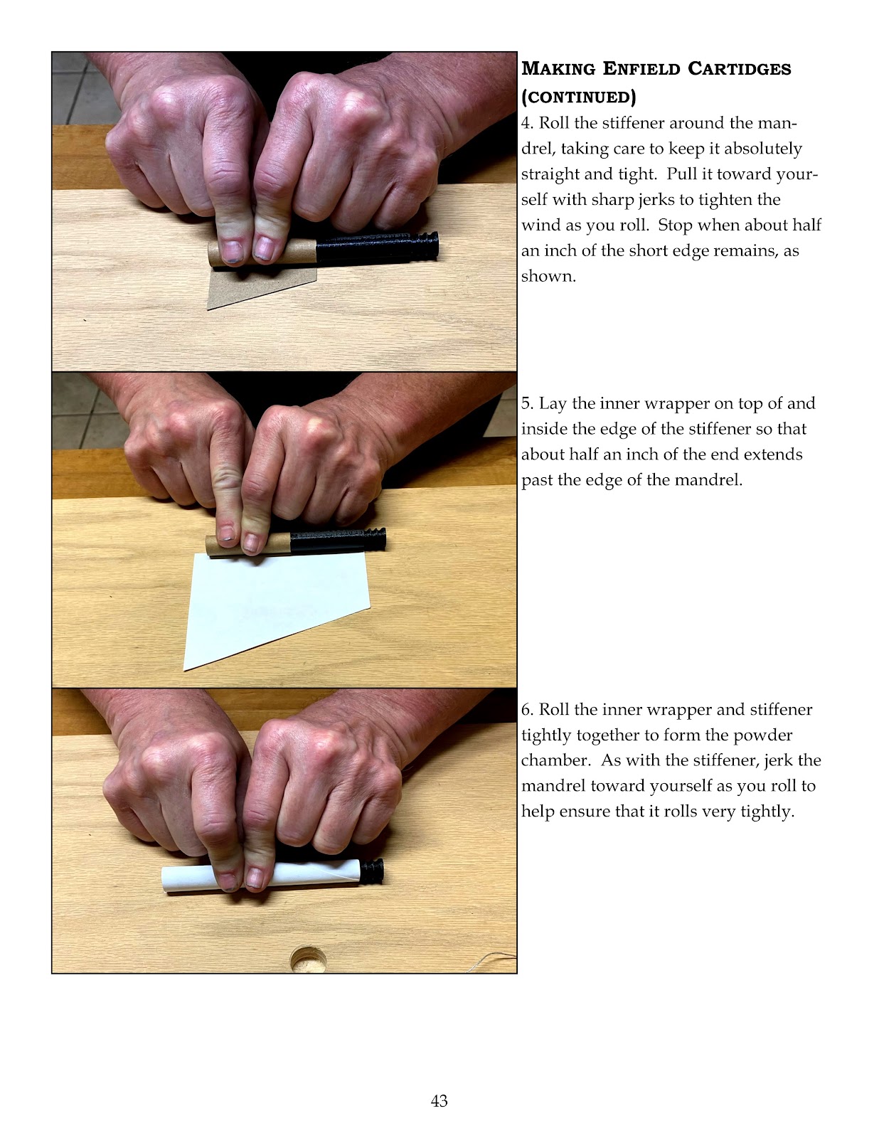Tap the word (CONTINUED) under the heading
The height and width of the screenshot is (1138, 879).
578,97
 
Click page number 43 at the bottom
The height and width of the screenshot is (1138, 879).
439,1101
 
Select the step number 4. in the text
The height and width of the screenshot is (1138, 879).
528,123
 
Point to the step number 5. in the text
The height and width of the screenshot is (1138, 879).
528,403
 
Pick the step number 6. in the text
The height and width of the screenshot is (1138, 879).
528,710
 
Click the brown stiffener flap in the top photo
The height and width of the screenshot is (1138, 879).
257,285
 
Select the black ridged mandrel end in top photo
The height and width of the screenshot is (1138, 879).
377,246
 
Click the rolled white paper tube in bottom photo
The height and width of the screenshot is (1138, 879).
262,875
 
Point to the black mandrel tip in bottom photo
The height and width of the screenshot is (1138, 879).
372,871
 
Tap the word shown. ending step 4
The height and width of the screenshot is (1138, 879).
548,276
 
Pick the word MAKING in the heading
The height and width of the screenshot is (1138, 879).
558,68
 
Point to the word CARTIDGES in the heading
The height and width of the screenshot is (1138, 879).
739,68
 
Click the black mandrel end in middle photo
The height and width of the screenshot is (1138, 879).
338,541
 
